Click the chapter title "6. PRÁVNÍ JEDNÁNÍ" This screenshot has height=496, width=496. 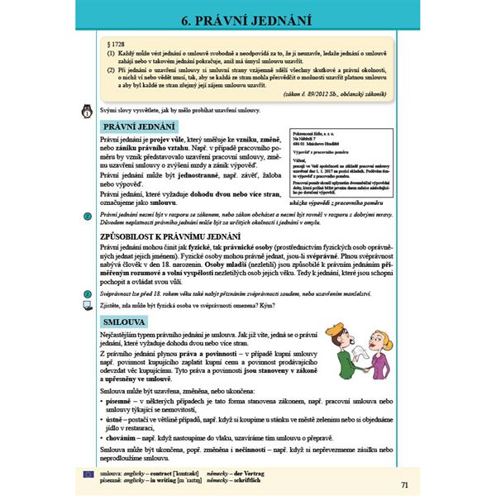[246, 19]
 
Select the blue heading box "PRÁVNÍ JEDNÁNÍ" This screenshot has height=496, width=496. [138, 126]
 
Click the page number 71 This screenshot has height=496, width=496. [403, 484]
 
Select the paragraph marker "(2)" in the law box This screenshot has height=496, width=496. [112, 71]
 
